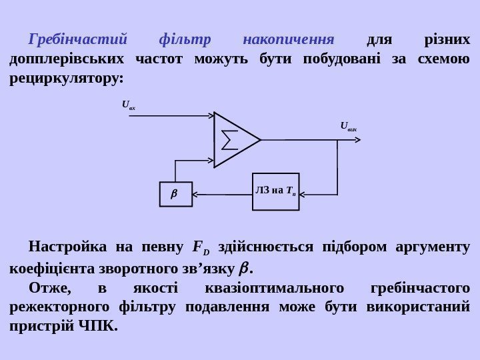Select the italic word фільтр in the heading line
[x=185, y=40]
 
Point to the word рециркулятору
[x=66, y=79]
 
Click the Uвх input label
[x=128, y=104]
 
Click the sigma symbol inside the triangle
[x=229, y=140]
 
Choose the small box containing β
[x=175, y=195]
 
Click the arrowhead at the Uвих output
[x=359, y=140]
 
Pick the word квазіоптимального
[x=278, y=288]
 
